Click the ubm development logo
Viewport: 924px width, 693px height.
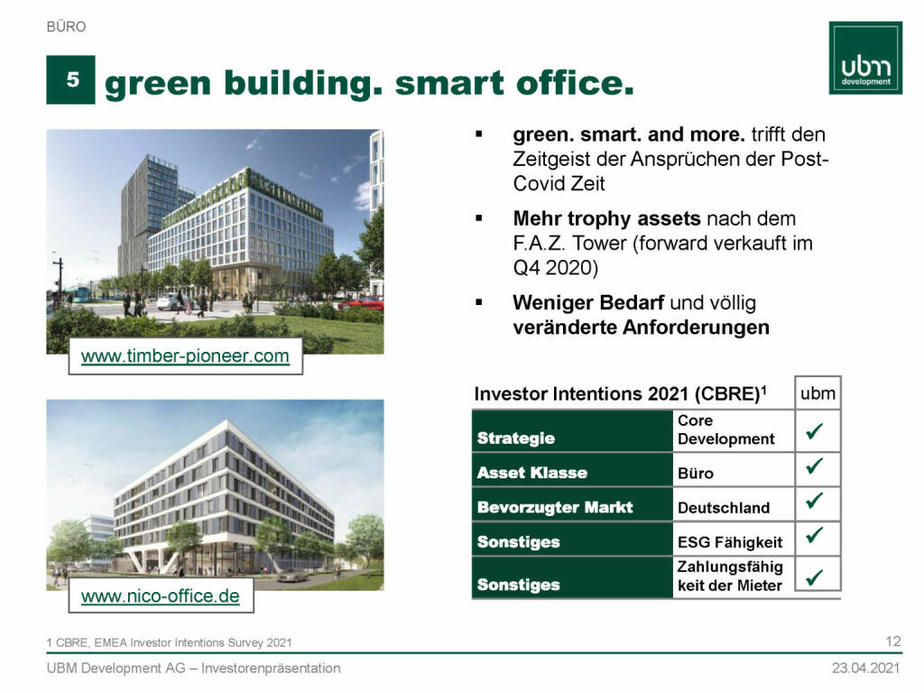[865, 58]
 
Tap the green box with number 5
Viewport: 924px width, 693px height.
[70, 79]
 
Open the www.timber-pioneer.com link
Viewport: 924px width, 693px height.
[185, 356]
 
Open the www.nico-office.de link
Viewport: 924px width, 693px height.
[161, 596]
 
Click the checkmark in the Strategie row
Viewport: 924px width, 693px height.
[815, 430]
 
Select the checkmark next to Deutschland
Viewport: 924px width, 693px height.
[815, 500]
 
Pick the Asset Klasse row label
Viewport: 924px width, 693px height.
[532, 473]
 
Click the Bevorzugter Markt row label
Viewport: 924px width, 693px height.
[555, 507]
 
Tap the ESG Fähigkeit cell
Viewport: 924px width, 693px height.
[729, 542]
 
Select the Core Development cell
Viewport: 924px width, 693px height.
[725, 430]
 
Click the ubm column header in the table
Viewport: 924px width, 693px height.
[818, 393]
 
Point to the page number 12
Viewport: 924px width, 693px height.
[892, 642]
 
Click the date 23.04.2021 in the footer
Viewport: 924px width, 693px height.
[865, 668]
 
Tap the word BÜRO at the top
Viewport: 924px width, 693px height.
[66, 26]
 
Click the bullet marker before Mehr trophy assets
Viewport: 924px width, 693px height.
[479, 218]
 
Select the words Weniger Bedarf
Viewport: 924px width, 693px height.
[588, 302]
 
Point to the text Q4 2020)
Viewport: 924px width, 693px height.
[556, 267]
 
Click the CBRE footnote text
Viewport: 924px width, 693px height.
[169, 642]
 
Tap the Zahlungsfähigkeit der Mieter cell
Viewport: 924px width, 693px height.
[729, 576]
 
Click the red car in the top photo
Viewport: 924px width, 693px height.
[363, 303]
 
